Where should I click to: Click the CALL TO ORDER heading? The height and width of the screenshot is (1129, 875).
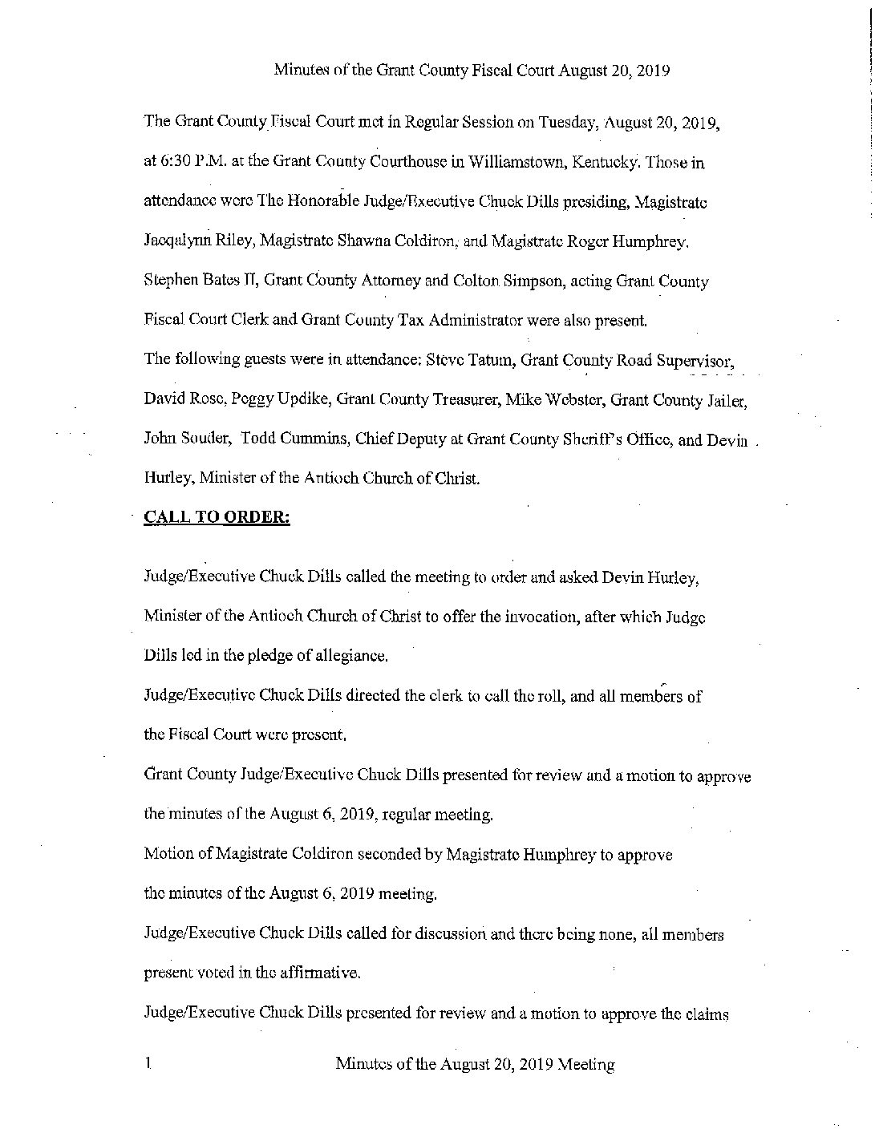click(217, 517)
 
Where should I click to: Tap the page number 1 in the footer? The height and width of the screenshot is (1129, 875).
click(148, 1065)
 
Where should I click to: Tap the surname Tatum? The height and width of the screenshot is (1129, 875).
click(489, 359)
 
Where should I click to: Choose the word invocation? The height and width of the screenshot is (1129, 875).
click(529, 617)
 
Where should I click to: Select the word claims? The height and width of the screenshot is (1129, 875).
click(704, 1014)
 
